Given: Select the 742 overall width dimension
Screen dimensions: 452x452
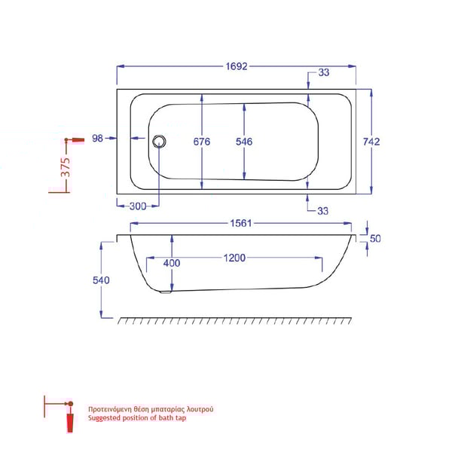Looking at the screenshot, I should point(371,141).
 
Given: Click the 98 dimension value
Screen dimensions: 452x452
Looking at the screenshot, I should point(97,138).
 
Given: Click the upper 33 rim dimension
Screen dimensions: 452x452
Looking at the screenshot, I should point(323,73).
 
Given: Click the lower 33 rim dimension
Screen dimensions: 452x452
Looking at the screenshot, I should point(323,211).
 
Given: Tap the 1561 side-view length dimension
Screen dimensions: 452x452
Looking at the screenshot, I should point(240,224).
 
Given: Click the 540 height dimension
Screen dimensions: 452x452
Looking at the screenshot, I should point(102,280).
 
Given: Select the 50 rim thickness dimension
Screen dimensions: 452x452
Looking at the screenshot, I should point(375,239).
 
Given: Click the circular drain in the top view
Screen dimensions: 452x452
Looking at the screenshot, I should point(158,140).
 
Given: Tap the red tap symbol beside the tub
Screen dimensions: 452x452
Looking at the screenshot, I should point(75,140).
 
